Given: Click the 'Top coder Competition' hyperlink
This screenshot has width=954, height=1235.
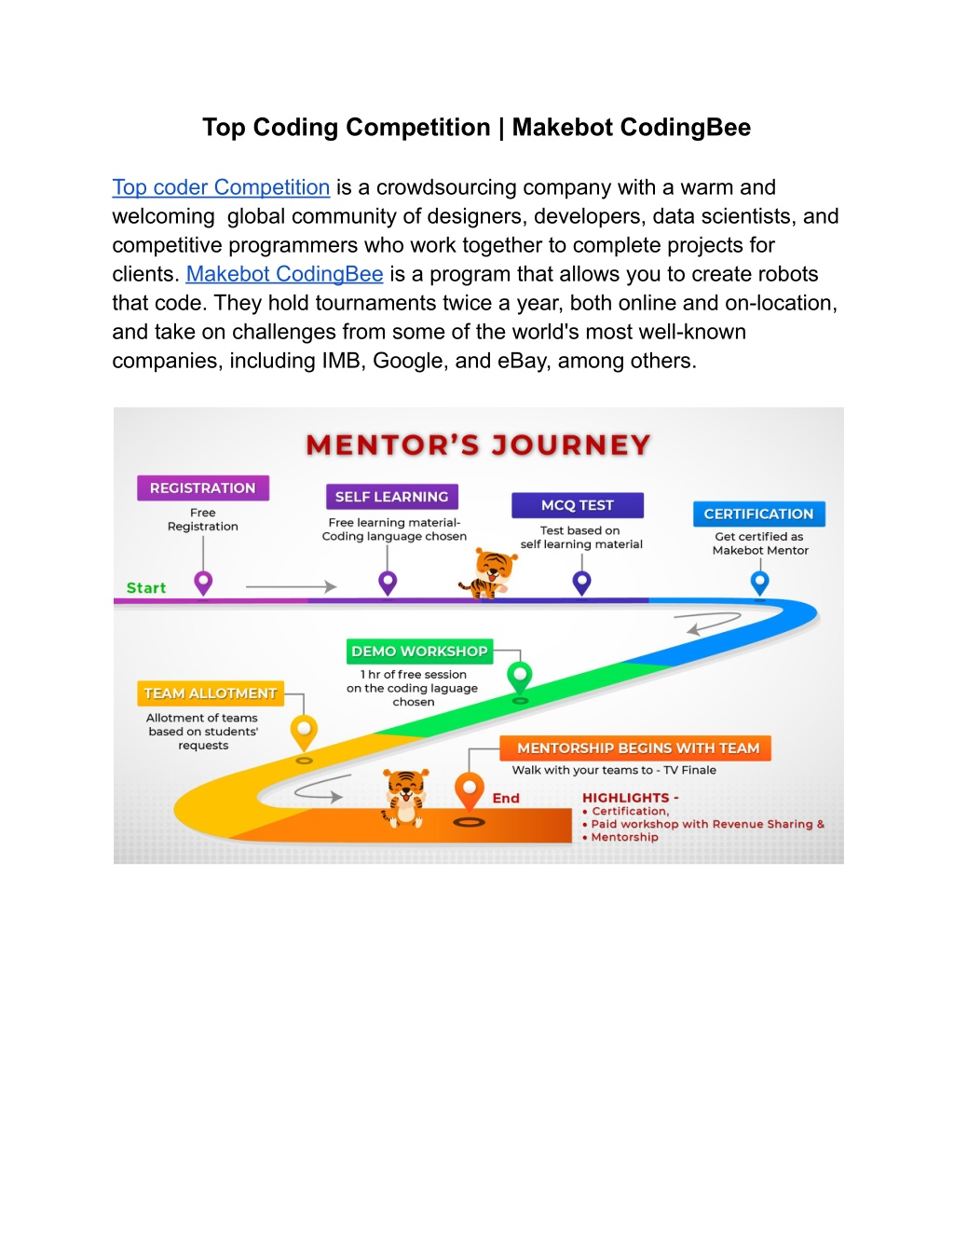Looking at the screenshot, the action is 221,187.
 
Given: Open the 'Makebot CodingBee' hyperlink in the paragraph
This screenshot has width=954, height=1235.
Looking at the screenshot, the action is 284,274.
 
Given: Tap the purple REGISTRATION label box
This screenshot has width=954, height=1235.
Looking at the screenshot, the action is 203,488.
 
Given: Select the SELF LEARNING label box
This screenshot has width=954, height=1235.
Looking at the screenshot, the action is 392,497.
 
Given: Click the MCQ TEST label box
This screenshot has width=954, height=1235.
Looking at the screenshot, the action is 578,505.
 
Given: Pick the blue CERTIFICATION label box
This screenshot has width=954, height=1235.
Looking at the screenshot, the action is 758,514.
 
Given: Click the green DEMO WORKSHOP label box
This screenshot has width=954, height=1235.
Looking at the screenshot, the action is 419,652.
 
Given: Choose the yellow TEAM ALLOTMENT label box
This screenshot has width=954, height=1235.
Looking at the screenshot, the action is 211,693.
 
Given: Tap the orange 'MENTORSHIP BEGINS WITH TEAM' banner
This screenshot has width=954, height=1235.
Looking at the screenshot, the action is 635,748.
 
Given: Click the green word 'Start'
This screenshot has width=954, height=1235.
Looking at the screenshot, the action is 146,587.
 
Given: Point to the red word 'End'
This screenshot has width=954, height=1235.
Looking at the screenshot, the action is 506,798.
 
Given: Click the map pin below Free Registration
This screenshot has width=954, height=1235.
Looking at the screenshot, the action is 203,583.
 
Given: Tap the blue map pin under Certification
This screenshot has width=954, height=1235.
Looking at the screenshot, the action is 760,583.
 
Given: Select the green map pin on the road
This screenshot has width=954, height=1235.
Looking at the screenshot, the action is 520,678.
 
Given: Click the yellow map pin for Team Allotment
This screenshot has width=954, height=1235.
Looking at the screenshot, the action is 304,733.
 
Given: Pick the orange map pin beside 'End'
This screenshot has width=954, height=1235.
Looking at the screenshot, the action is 469,791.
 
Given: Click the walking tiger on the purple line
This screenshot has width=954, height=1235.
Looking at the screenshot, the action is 489,574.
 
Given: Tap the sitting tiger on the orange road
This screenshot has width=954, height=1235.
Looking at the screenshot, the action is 405,799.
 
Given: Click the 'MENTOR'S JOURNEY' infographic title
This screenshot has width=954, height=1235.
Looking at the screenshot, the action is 478,445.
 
